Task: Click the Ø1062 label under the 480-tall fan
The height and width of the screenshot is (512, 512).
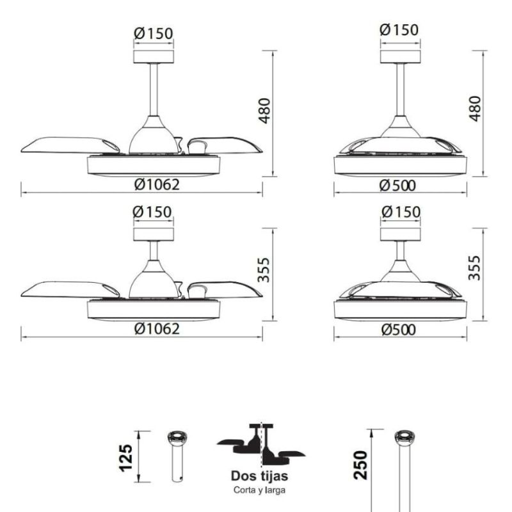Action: [157, 185]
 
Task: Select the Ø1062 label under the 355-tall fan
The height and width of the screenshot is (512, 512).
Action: [157, 329]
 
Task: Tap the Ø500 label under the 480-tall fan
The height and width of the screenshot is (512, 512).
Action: [397, 186]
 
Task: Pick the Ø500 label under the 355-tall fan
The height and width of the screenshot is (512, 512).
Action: [397, 330]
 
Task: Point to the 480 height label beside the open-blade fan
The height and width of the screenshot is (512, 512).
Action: [263, 112]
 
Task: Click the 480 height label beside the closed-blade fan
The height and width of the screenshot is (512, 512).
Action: [474, 109]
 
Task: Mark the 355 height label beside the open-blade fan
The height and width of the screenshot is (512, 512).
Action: [263, 270]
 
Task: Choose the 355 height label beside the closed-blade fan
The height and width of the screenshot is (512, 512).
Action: [474, 268]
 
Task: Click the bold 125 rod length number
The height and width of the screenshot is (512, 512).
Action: [127, 457]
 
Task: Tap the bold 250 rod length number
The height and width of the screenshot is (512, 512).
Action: [360, 465]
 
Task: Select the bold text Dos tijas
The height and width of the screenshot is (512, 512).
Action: [259, 476]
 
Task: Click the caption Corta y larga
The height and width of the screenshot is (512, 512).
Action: [259, 491]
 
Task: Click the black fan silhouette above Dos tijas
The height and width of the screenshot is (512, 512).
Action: [260, 445]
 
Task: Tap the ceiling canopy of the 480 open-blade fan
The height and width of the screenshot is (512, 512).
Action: [154, 56]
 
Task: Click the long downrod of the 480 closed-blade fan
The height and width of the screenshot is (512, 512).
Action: [401, 90]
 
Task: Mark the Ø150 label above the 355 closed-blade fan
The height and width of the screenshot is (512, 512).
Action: [400, 212]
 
